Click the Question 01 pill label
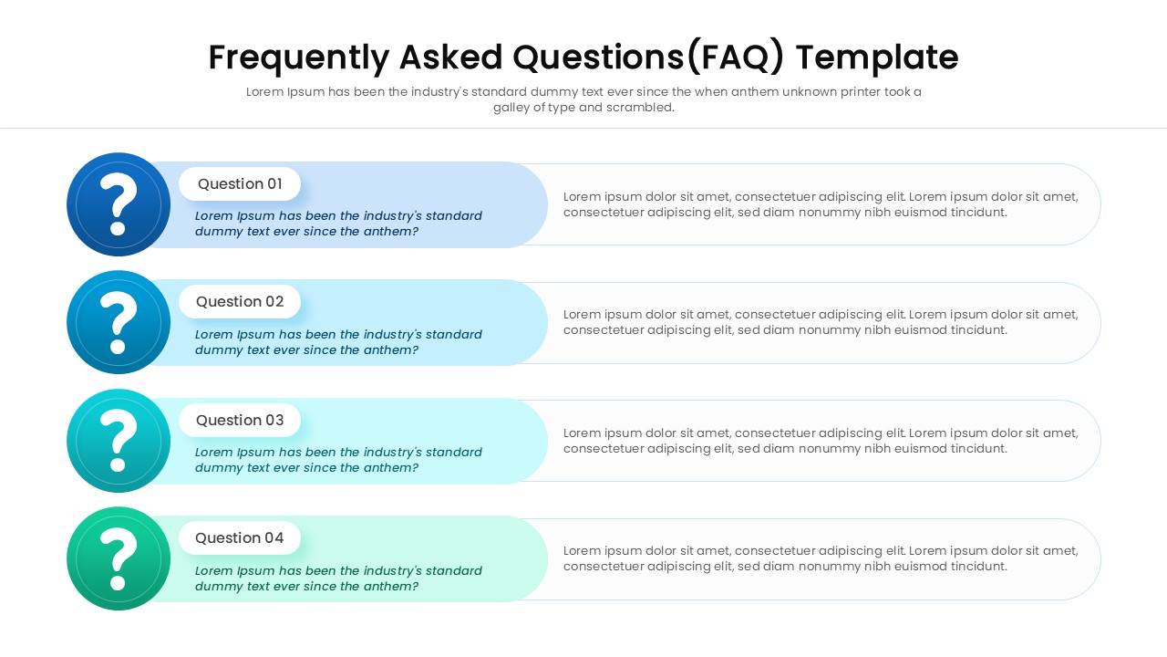point(240,183)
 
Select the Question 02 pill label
point(240,301)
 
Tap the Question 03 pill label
point(240,420)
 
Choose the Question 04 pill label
point(240,537)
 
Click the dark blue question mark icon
point(119,204)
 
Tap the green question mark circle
point(119,558)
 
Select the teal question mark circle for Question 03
point(119,441)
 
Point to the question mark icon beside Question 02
point(119,322)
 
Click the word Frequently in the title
point(298,57)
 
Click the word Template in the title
point(876,57)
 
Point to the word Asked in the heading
point(450,57)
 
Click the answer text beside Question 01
point(820,204)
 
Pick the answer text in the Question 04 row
point(820,558)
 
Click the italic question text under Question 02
point(338,342)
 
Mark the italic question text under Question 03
point(338,460)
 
